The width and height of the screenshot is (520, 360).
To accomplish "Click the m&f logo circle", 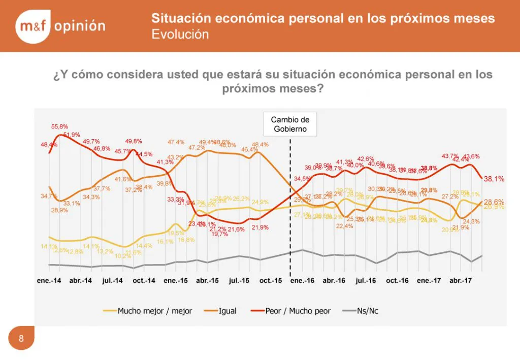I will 33,26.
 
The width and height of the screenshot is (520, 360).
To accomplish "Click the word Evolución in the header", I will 180,35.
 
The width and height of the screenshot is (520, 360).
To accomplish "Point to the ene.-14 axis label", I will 49,281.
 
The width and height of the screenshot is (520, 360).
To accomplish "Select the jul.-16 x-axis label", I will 365,281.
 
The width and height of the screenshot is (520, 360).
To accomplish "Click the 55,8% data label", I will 59,126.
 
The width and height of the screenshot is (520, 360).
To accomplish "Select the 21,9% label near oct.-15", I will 260,227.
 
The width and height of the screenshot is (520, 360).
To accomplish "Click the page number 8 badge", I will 21,339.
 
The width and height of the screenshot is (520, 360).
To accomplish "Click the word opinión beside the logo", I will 80,26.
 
